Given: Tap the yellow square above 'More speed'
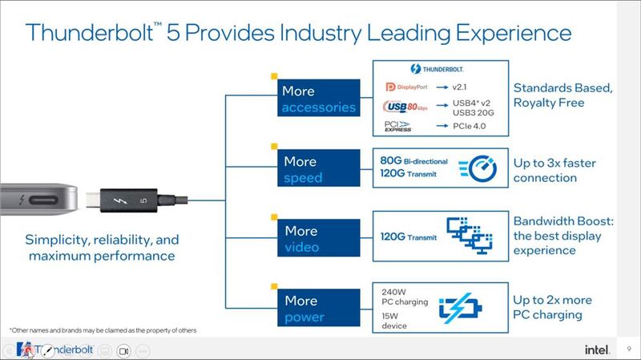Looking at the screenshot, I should tap(274, 147).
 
